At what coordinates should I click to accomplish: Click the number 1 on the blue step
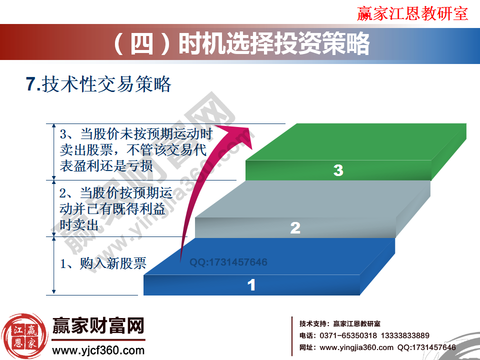pos(251,285)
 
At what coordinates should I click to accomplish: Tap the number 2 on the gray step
pos(295,228)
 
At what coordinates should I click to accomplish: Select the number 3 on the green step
pos(338,170)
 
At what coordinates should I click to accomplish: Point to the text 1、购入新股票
pos(103,263)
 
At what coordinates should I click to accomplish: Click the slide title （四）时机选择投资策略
pos(240,44)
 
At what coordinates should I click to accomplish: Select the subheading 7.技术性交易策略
pos(98,84)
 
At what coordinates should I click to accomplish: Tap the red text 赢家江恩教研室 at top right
pos(412,13)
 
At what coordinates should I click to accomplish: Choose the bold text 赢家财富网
pos(98,327)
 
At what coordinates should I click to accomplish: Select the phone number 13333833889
pos(405,335)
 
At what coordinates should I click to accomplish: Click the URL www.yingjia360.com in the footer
pos(356,347)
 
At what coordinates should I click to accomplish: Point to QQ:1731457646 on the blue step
pos(228,262)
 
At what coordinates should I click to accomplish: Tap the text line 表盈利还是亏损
pos(106,166)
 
